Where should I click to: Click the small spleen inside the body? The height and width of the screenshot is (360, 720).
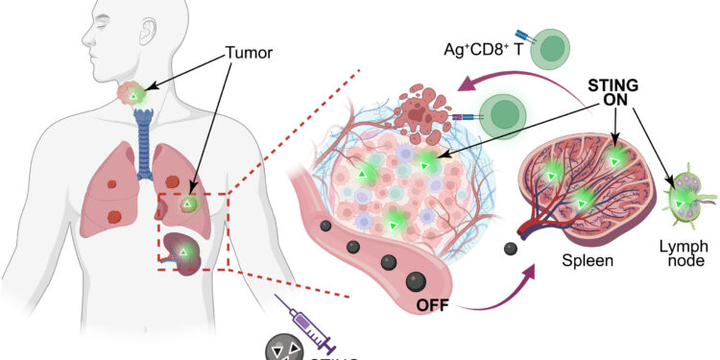(181, 252)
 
